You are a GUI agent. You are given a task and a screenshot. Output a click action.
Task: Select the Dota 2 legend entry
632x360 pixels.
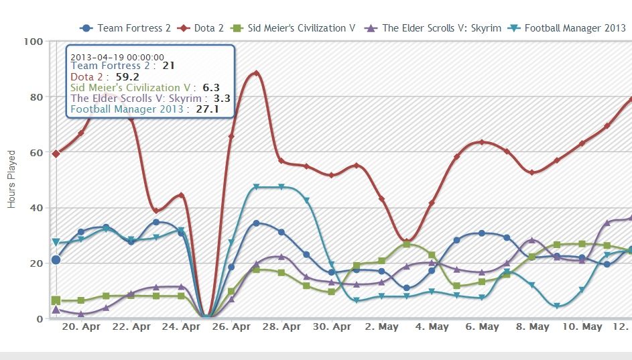pos(201,28)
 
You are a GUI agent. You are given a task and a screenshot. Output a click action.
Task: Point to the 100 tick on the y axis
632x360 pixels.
pos(34,42)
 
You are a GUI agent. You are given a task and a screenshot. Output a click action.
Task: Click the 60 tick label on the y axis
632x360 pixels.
pos(36,152)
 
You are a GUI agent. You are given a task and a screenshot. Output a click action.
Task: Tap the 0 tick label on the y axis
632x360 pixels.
pos(40,318)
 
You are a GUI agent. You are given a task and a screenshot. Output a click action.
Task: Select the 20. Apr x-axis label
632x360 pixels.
pos(80,327)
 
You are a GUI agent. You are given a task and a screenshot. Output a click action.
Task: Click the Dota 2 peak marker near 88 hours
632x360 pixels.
pos(256,74)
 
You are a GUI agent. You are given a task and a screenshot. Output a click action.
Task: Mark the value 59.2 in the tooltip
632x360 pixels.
pos(127,76)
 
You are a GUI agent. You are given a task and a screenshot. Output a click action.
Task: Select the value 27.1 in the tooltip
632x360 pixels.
pos(207,109)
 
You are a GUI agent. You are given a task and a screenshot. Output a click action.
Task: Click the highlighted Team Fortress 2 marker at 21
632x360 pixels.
pos(56,260)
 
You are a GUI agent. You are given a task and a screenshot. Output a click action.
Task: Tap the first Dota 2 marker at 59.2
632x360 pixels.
pos(56,154)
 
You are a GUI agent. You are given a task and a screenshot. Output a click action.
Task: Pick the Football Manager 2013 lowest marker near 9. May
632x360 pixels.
pos(557,306)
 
